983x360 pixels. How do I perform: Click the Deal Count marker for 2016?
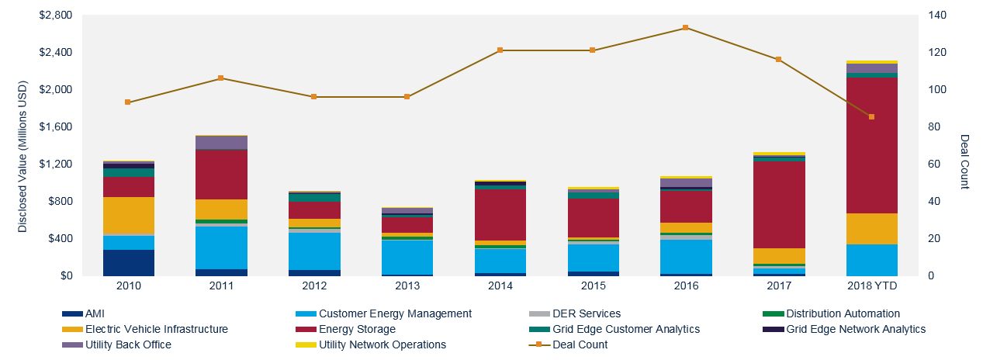click(685, 28)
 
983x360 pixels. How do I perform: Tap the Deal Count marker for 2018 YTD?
click(871, 117)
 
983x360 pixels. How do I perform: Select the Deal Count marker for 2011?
click(220, 78)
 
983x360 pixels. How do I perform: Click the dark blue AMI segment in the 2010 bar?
click(128, 262)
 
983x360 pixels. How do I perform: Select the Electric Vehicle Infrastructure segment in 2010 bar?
click(128, 216)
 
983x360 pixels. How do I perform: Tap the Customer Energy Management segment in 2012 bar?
click(313, 251)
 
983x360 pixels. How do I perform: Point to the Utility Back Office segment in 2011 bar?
click(220, 142)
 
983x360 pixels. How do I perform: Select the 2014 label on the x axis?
click(500, 287)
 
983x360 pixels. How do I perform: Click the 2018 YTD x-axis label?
click(871, 287)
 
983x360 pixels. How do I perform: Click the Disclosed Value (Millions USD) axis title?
click(22, 146)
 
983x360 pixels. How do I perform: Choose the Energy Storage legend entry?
click(357, 329)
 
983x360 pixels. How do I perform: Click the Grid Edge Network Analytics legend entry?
click(856, 329)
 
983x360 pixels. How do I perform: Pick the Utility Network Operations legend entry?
click(382, 344)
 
